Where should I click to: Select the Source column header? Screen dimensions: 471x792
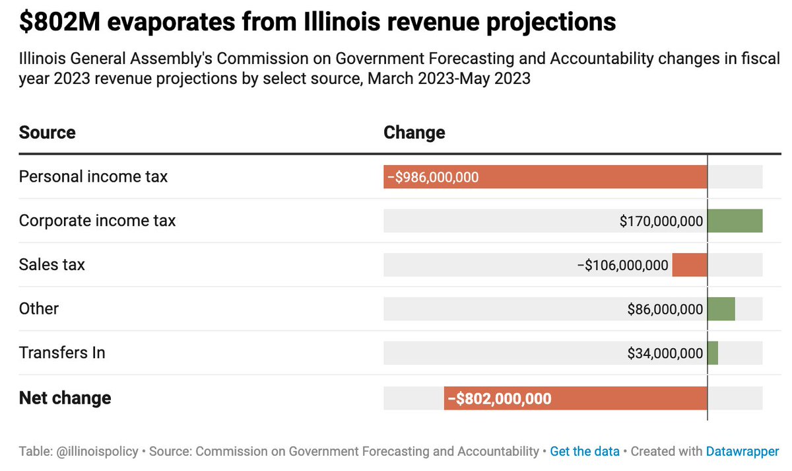point(47,132)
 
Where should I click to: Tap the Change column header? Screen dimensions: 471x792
point(414,132)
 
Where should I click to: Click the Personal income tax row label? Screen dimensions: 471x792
point(93,176)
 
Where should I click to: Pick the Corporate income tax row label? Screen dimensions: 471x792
point(97,221)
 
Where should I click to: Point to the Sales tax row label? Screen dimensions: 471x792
point(52,265)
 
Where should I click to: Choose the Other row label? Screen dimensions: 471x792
point(39,308)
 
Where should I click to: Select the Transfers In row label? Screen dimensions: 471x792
point(62,353)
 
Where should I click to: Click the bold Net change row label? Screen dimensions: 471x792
point(65,398)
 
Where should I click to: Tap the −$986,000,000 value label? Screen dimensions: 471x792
point(433,177)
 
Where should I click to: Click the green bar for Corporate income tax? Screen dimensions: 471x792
point(735,221)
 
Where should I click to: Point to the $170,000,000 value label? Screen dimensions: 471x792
point(661,221)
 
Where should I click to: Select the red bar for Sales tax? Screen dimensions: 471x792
point(690,265)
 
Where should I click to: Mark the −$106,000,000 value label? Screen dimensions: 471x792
point(622,266)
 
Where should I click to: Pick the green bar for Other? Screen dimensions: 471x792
point(721,308)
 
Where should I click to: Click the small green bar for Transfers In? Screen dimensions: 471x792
point(713,353)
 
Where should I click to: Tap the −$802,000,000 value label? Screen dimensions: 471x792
point(500,398)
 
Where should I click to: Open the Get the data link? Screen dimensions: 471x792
point(585,452)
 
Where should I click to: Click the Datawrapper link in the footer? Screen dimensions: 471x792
point(742,452)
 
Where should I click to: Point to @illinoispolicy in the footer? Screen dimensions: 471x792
point(96,452)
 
